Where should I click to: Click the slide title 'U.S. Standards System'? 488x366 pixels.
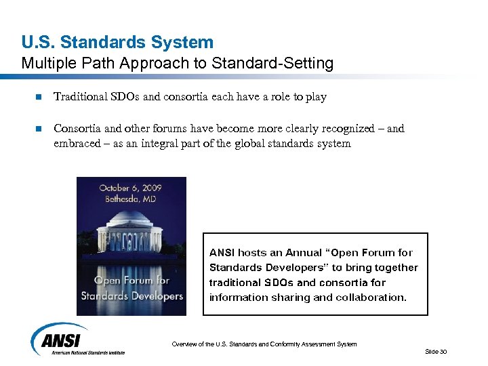pyautogui.click(x=117, y=43)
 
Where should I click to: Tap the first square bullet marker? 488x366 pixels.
pyautogui.click(x=38, y=98)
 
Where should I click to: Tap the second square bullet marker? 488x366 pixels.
pyautogui.click(x=38, y=129)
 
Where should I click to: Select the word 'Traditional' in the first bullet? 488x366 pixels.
pyautogui.click(x=80, y=97)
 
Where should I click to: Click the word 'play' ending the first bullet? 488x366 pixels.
pyautogui.click(x=317, y=98)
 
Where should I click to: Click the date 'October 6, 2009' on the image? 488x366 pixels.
pyautogui.click(x=131, y=188)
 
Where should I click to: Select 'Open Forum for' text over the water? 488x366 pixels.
pyautogui.click(x=131, y=281)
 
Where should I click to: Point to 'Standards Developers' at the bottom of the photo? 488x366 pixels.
pyautogui.click(x=131, y=296)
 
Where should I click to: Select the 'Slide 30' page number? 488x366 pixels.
pyautogui.click(x=436, y=351)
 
